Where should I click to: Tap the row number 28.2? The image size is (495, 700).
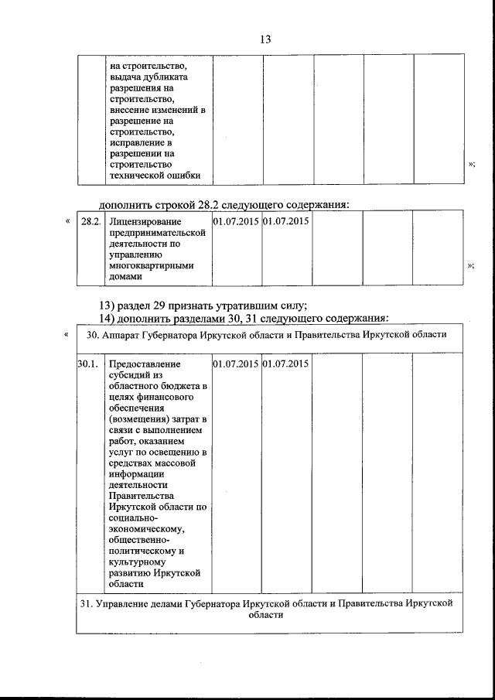tap(90, 222)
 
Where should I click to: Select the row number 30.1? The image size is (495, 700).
tap(87, 364)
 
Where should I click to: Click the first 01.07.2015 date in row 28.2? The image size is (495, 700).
tap(236, 222)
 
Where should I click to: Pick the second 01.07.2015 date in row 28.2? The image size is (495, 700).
tap(286, 222)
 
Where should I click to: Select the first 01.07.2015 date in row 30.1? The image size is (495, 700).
tap(236, 364)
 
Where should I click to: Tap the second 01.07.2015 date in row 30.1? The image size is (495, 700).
tap(286, 364)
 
